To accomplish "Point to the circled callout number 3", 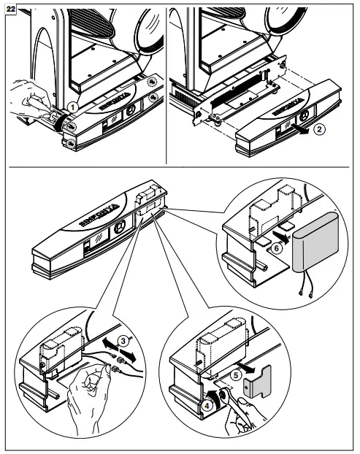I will point(124,339).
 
